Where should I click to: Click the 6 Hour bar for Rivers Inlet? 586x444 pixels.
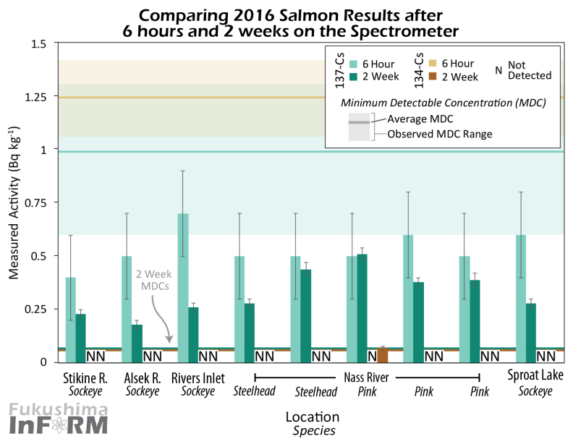point(183,282)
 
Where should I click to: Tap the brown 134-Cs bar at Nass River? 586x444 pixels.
point(383,354)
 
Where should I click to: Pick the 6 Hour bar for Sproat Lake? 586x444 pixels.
point(521,296)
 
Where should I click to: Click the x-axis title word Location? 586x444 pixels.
point(312,417)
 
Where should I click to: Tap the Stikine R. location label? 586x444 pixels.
point(81,377)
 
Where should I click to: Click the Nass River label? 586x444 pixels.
point(367,377)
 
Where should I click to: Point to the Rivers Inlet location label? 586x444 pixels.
point(198,377)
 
